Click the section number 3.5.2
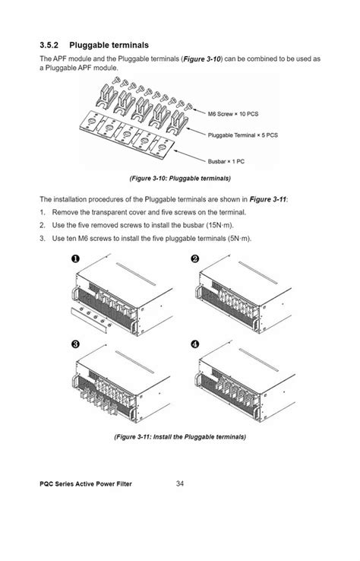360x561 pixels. pos(49,45)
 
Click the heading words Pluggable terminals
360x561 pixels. pos(109,46)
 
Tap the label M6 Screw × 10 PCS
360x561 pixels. pos(232,114)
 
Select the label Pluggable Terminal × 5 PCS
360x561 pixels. pos(243,135)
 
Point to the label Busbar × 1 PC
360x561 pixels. pos(226,161)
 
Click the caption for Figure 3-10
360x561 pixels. pos(180,178)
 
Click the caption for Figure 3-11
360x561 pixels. pos(180,437)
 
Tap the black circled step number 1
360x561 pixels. pos(75,258)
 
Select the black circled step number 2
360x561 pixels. pos(195,258)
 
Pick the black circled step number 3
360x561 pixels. pos(75,344)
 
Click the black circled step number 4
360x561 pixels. pos(195,344)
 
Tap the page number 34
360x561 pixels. pos(180,483)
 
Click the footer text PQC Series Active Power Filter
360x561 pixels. pos(86,484)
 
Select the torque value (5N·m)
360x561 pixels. pos(239,239)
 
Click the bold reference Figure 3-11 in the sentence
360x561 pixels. pos(268,199)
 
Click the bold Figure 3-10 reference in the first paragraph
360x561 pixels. pos(202,59)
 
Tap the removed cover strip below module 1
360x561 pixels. pos(90,320)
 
